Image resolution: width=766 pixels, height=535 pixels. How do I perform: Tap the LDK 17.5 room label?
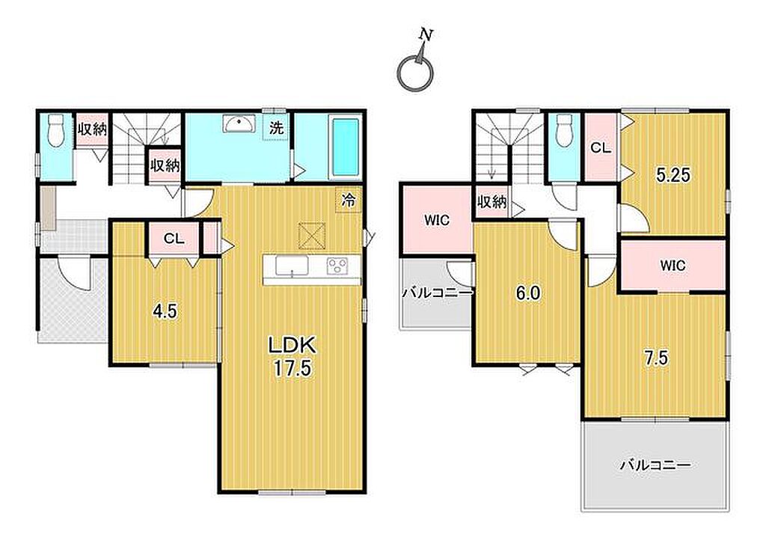292,357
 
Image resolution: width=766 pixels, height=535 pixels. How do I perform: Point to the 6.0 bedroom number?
529,293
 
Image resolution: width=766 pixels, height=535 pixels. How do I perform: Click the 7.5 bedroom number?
655,358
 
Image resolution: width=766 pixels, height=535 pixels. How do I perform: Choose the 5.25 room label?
673,174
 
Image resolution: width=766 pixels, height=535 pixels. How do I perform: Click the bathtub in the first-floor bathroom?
346,147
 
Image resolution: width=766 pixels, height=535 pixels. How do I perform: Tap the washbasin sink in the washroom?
239,123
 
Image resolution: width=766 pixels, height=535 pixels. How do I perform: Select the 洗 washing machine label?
276,128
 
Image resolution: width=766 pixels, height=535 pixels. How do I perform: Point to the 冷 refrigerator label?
349,199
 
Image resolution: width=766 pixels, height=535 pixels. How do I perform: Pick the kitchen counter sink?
292,267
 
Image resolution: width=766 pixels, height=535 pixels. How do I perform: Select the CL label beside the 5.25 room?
601,147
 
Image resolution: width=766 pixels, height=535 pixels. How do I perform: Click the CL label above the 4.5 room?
174,239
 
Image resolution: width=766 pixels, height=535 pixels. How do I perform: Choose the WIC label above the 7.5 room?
672,266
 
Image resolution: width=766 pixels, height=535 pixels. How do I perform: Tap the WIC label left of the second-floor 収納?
437,220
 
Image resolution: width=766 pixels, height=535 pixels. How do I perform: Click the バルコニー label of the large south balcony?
655,465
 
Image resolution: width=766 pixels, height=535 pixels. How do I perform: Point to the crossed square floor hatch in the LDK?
312,236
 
